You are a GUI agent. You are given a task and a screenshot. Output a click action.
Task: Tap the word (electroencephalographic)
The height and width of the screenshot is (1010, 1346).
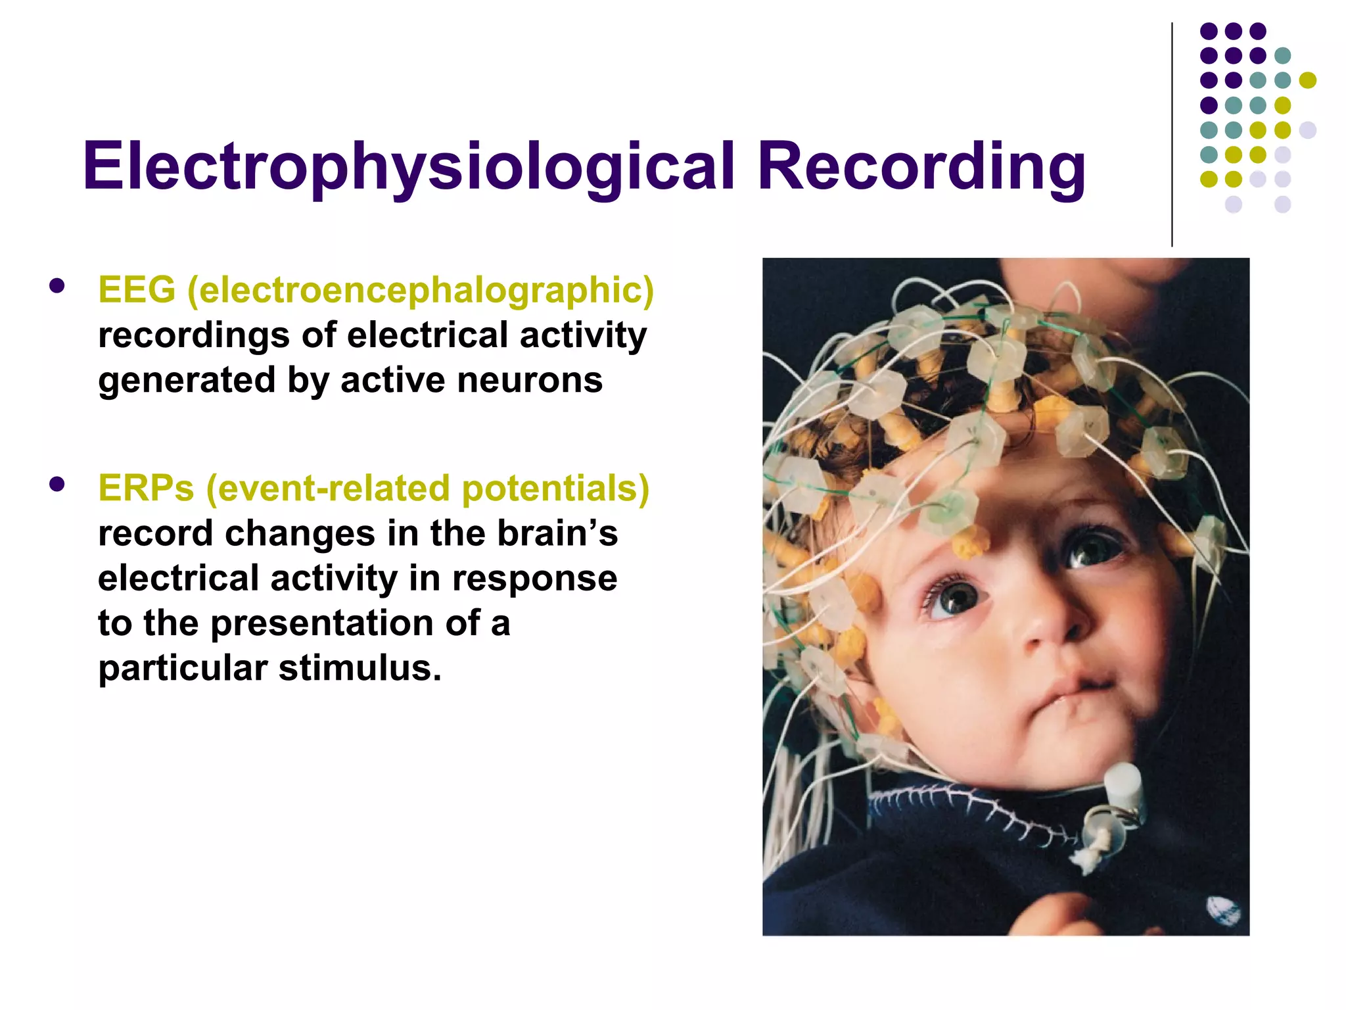point(421,291)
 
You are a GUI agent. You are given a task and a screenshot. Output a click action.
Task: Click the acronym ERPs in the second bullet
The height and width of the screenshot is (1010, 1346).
point(146,488)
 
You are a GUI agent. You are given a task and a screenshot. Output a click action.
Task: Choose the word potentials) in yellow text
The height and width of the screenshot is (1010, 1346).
point(555,489)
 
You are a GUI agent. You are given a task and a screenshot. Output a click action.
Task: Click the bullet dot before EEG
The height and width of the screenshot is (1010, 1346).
point(57,286)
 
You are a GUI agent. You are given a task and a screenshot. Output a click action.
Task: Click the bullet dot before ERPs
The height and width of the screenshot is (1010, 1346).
point(57,485)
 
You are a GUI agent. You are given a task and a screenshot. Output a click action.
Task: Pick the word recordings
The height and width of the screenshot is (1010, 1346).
point(194,335)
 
